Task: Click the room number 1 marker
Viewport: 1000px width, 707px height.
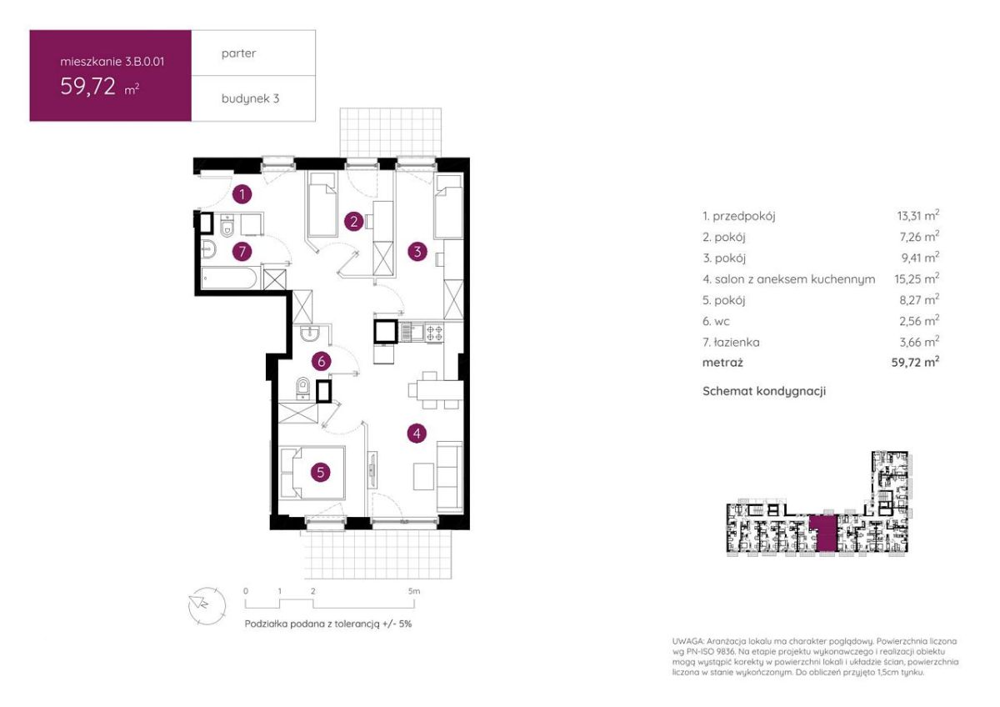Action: [x=242, y=194]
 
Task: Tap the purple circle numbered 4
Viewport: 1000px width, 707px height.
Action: [x=417, y=434]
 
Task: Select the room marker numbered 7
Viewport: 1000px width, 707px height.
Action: [x=242, y=252]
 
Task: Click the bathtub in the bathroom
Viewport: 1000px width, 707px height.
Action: [x=229, y=278]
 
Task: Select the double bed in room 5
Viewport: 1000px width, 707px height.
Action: [x=312, y=473]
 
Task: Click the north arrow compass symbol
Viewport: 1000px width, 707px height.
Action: [x=207, y=604]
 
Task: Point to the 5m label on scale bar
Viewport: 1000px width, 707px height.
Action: [x=414, y=591]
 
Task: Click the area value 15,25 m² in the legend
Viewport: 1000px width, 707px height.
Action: [x=917, y=278]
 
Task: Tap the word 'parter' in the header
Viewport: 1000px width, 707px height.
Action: [x=239, y=53]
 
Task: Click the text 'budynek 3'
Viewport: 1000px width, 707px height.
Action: [x=251, y=98]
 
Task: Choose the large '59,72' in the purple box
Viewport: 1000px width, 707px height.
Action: [x=88, y=86]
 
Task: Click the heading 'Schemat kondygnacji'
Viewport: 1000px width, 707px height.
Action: [x=764, y=391]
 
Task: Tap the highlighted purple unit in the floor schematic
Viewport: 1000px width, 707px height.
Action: [x=822, y=534]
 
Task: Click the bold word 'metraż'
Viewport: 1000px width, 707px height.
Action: [x=722, y=362]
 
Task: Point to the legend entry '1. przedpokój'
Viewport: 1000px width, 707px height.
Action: [x=739, y=217]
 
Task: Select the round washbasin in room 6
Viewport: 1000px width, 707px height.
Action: [x=309, y=333]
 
